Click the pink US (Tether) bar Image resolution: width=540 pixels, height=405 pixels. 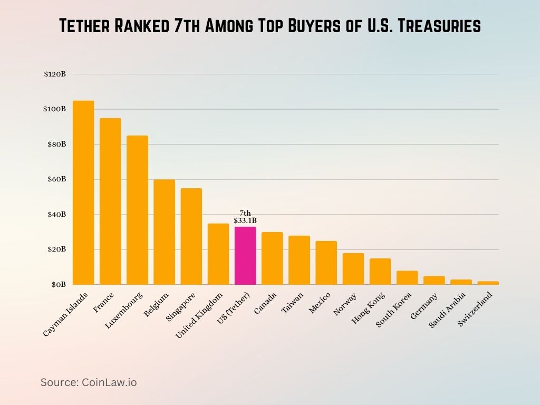[x=245, y=256]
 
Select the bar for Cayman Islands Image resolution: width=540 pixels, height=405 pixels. [x=83, y=192]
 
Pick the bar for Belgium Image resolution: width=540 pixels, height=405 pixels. [x=164, y=232]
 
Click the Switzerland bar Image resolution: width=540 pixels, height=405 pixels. [x=488, y=283]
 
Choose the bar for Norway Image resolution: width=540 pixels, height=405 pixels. [x=353, y=269]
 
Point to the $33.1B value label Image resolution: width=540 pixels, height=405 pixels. [x=245, y=220]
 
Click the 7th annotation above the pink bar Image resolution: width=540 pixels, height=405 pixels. [x=245, y=213]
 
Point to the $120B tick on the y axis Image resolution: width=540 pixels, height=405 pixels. [x=55, y=74]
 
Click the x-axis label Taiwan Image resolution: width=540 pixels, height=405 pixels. [x=293, y=302]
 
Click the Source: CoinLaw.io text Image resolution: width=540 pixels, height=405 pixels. [x=89, y=382]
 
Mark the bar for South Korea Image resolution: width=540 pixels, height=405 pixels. [x=407, y=278]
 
